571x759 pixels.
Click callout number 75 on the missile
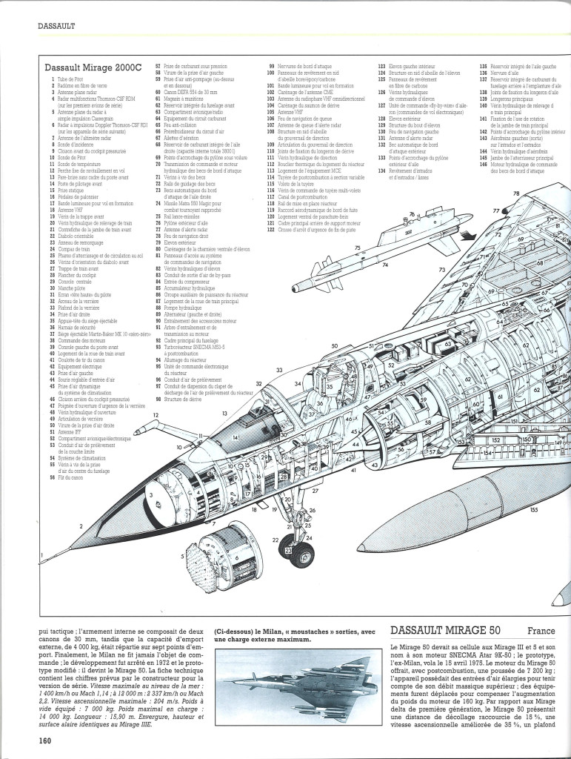pyautogui.click(x=357, y=248)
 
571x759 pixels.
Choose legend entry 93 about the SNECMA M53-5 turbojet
pyautogui.click(x=195, y=345)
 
